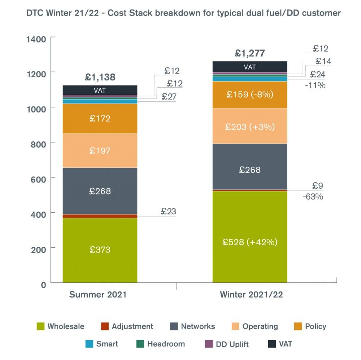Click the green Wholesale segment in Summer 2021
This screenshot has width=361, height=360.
[x=100, y=250]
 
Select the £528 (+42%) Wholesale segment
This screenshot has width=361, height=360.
[x=250, y=242]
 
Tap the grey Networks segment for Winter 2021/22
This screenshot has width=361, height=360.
[x=250, y=170]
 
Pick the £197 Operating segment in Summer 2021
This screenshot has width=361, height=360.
[x=100, y=151]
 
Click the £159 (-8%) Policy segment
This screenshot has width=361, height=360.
[x=250, y=95]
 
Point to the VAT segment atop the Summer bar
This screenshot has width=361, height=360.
[x=100, y=90]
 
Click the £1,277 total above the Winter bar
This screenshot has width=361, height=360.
[x=250, y=53]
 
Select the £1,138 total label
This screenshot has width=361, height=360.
[x=100, y=77]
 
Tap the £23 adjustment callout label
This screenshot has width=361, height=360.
[x=168, y=211]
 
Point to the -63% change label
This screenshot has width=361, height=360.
[x=313, y=197]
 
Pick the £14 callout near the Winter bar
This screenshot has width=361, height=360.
[x=323, y=61]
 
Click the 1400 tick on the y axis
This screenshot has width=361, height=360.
[x=36, y=39]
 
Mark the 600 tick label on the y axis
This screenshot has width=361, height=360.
[x=38, y=178]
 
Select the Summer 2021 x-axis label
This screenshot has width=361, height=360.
[x=98, y=294]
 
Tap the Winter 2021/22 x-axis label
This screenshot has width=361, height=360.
[x=251, y=294]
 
